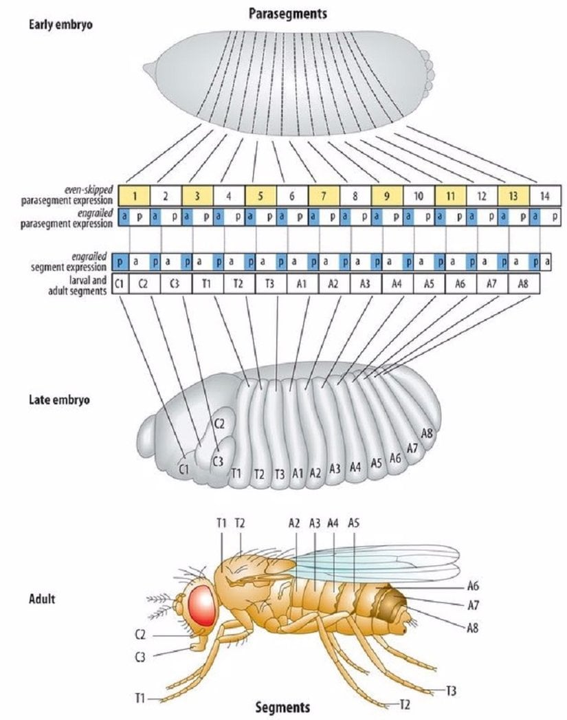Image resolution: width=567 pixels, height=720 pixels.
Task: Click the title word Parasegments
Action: click(283, 13)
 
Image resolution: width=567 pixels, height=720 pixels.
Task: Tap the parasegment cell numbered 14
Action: click(544, 195)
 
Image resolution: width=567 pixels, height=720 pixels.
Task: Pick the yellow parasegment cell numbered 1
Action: click(135, 195)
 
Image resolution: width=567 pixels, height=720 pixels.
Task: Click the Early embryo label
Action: click(60, 25)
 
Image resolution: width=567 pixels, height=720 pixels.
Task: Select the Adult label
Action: click(42, 599)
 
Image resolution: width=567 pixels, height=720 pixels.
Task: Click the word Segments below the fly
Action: click(282, 707)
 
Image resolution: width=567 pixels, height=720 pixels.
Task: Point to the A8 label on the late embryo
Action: click(427, 433)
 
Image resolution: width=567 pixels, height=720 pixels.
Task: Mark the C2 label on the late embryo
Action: click(219, 424)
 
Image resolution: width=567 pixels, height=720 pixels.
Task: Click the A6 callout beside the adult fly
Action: click(472, 587)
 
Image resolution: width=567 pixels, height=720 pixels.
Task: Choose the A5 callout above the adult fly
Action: click(353, 523)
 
